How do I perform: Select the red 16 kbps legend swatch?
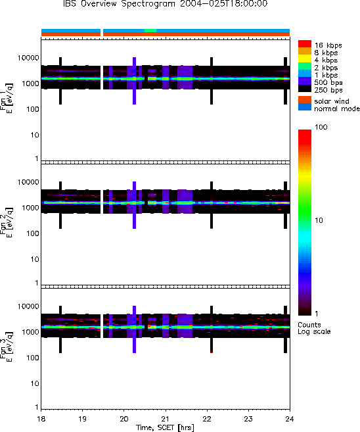pyautogui.click(x=305, y=44)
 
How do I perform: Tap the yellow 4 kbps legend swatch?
pyautogui.click(x=305, y=59)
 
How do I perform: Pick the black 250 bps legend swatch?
pyautogui.click(x=305, y=89)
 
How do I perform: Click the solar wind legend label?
pyautogui.click(x=332, y=101)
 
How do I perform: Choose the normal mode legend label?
pyautogui.click(x=337, y=108)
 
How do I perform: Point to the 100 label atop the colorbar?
pyautogui.click(x=321, y=127)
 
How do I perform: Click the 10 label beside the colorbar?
pyautogui.click(x=319, y=220)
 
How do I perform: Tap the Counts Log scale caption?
pyautogui.click(x=314, y=328)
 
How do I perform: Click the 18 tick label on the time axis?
pyautogui.click(x=41, y=419)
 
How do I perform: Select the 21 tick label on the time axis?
pyautogui.click(x=166, y=419)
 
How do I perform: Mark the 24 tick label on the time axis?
pyautogui.click(x=290, y=419)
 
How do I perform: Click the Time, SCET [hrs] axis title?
pyautogui.click(x=165, y=427)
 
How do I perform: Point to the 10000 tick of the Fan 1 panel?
pyautogui.click(x=28, y=58)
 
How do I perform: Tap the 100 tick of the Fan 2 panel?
pyautogui.click(x=32, y=233)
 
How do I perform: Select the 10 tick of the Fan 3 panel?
pyautogui.click(x=35, y=383)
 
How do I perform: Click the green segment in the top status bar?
pyautogui.click(x=150, y=30)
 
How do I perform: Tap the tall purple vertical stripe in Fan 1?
pyautogui.click(x=134, y=81)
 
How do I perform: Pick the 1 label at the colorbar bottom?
pyautogui.click(x=317, y=314)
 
